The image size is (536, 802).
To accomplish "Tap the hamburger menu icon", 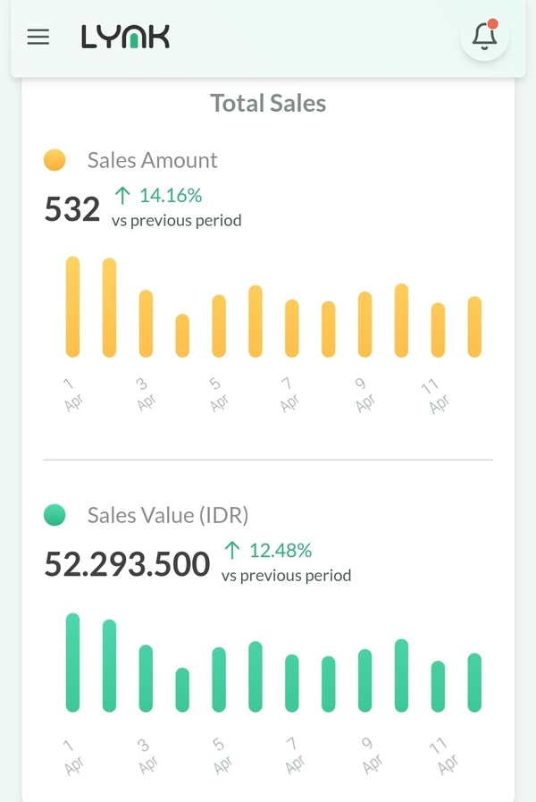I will point(38,37).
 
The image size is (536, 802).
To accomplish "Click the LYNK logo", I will point(125,37).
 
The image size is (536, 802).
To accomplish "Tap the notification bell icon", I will point(484,36).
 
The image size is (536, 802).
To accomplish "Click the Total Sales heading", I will point(268,104).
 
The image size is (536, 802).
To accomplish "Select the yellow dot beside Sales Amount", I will point(54,160).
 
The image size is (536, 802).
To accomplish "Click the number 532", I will point(72,209).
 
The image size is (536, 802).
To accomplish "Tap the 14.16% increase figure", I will point(159,195).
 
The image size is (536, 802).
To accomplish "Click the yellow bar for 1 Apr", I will point(72,307).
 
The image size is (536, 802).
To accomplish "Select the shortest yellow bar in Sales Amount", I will point(182,335).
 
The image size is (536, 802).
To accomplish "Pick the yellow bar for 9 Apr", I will point(364,324).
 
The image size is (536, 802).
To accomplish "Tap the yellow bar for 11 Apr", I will point(438,330).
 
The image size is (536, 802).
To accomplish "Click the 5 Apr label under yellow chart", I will point(217,394).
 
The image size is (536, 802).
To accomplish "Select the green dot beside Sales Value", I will point(54,515).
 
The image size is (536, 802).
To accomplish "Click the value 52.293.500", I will point(127,564).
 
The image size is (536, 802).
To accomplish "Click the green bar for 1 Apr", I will point(72,663).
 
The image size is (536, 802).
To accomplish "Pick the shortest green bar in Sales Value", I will point(182,689).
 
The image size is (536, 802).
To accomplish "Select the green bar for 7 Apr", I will point(292,683).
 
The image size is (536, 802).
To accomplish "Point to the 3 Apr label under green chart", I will point(146,756).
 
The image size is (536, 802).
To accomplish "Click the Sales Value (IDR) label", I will point(168,515).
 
